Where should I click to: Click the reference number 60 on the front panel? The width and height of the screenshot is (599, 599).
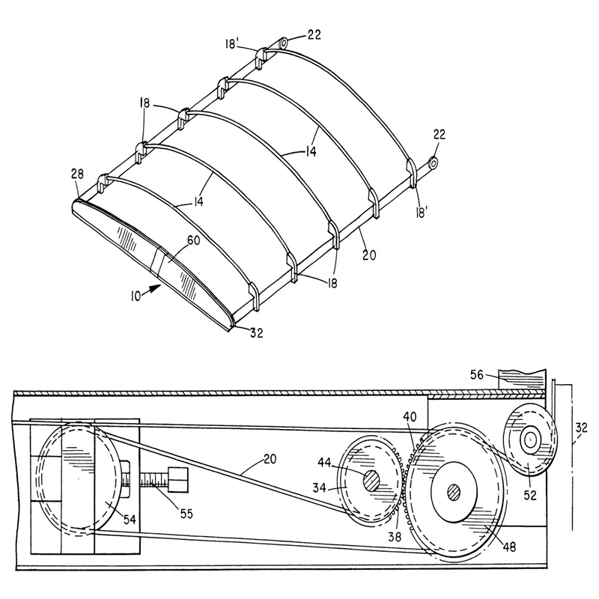coord(193,241)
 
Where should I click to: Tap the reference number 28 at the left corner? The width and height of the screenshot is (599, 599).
coord(77,174)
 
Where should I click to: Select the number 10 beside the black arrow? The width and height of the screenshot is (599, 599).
coord(136,296)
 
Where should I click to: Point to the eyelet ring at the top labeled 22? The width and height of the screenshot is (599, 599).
coord(284,43)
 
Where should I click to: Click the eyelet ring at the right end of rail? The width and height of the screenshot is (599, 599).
coord(433,163)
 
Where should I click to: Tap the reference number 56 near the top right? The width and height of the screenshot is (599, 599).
coord(477,375)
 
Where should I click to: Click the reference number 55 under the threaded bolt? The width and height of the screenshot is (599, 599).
coord(186,514)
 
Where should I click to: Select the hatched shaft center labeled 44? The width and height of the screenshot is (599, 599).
coord(371,481)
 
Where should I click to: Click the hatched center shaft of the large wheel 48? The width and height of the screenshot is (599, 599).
coord(454,491)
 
